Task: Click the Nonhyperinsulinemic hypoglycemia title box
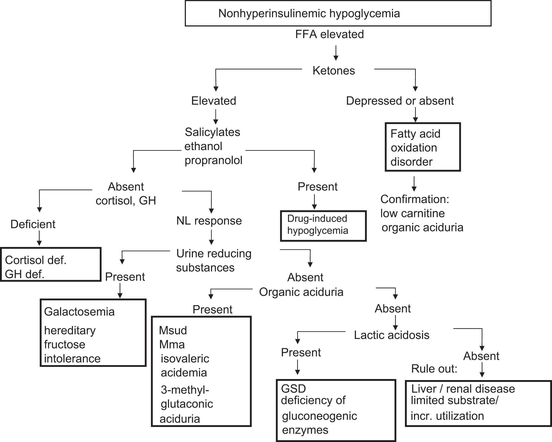[338, 13]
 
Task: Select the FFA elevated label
[329, 34]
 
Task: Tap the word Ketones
[333, 71]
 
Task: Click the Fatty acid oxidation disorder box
[423, 147]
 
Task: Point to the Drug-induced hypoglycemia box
[323, 226]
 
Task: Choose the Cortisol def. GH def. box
[51, 265]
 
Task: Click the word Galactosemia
[79, 312]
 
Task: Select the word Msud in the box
[173, 330]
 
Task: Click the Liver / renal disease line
[463, 389]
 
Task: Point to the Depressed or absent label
[400, 101]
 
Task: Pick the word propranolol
[213, 160]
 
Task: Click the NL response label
[209, 221]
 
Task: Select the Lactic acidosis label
[391, 335]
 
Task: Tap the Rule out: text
[434, 369]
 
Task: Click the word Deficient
[33, 224]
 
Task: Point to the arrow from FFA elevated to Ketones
[336, 53]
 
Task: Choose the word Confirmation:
[415, 199]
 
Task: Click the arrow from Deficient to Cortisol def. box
[39, 238]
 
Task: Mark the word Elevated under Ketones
[214, 101]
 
